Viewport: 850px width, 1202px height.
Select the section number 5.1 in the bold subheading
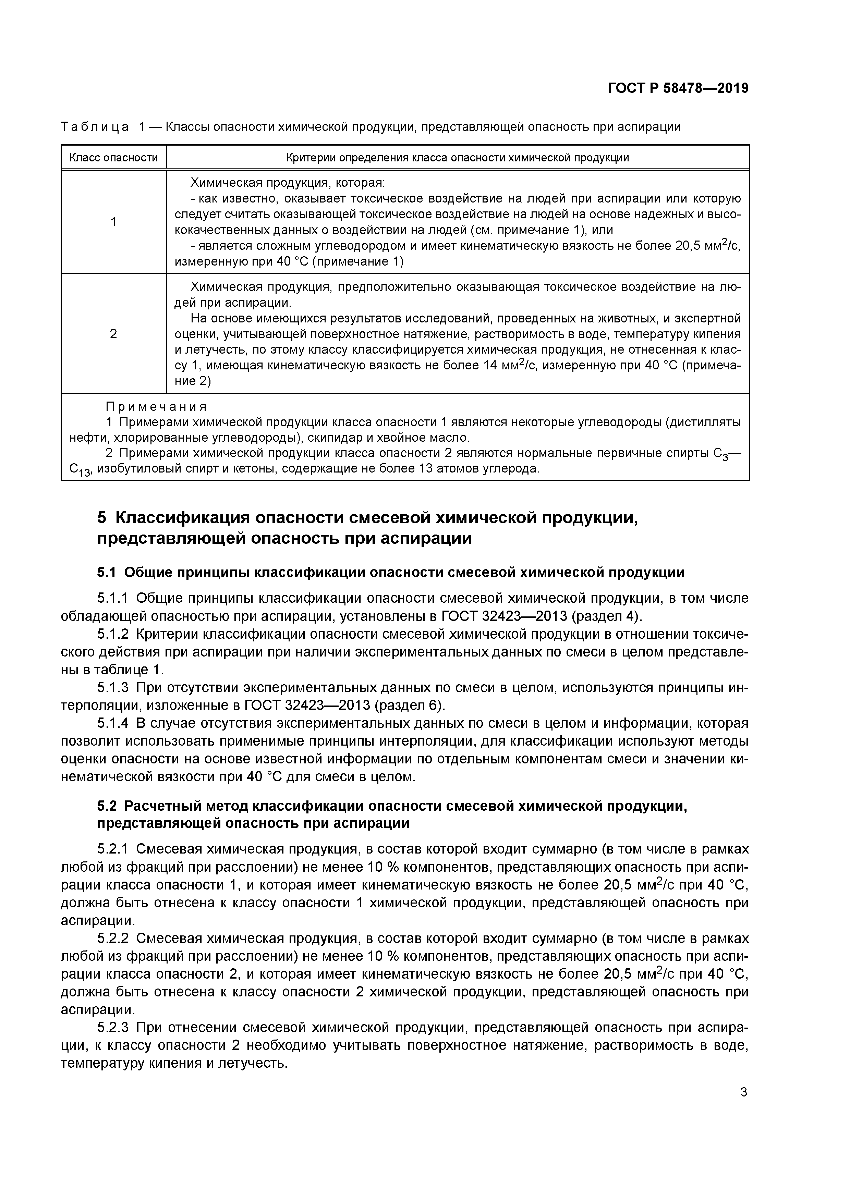107,573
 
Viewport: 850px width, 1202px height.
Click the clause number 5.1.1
113,598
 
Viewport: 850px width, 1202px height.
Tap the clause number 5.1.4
113,724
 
